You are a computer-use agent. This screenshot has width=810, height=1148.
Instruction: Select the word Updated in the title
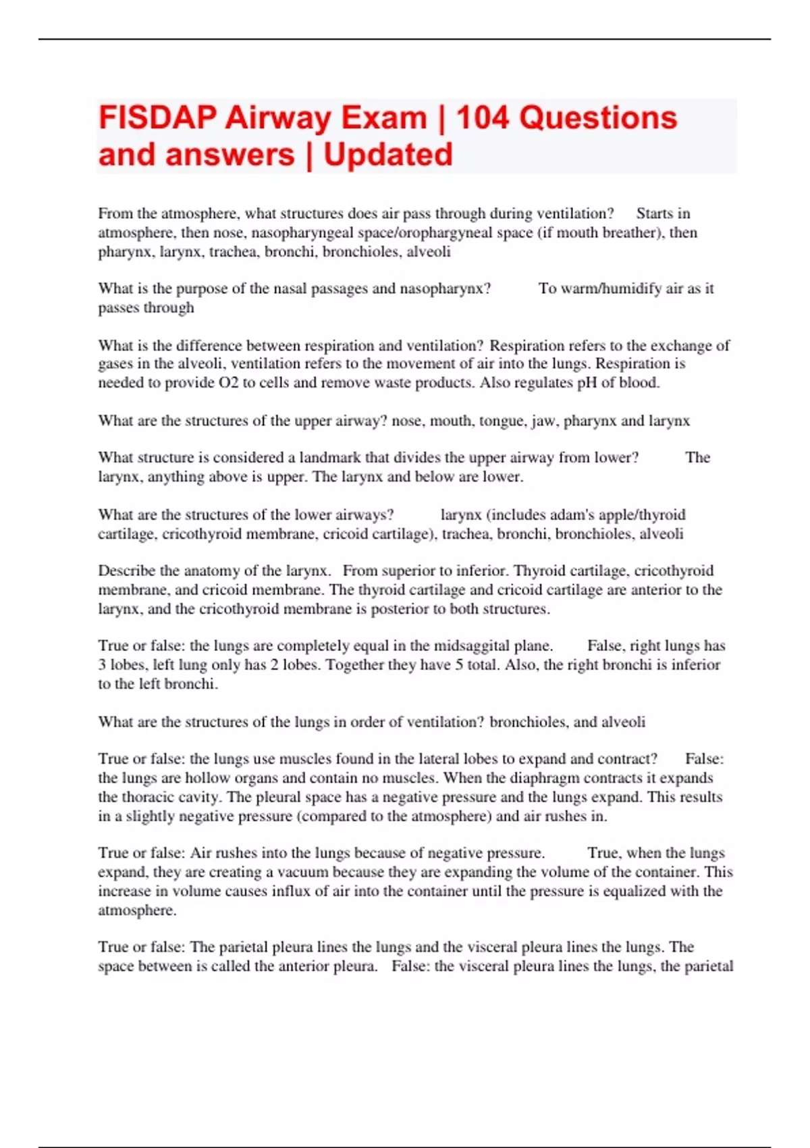[388, 155]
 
